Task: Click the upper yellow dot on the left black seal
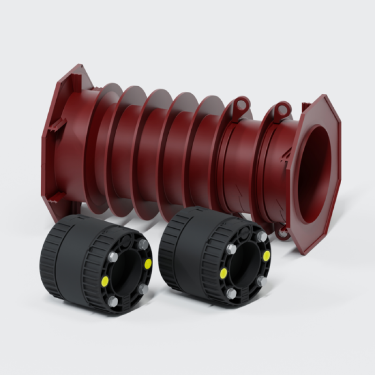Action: [148, 262]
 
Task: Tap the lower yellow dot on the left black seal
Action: [105, 281]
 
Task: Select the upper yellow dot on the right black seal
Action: [267, 255]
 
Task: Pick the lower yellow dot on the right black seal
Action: [224, 273]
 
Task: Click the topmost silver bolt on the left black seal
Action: [143, 245]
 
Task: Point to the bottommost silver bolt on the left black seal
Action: [113, 301]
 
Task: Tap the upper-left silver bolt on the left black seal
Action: [112, 257]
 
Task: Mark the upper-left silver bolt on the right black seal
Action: [231, 249]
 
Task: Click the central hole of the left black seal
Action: [127, 274]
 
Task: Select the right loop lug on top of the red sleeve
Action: [282, 111]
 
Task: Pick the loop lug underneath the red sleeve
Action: [281, 232]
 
